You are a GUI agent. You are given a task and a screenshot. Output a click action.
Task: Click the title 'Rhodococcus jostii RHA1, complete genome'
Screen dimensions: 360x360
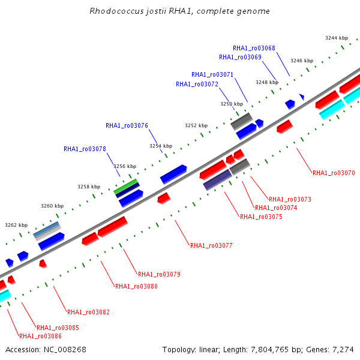pyautogui.click(x=179, y=11)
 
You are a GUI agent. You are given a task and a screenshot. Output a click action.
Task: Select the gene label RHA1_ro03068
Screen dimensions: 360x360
pyautogui.click(x=254, y=48)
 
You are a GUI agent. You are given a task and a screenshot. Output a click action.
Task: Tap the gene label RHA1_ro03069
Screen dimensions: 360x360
pyautogui.click(x=240, y=57)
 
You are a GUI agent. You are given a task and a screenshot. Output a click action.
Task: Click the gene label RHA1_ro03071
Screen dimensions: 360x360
pyautogui.click(x=212, y=74)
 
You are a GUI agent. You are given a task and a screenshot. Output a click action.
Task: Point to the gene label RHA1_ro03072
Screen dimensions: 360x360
pyautogui.click(x=197, y=84)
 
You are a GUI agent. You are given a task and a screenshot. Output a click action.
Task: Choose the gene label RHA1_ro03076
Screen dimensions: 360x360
pyautogui.click(x=127, y=125)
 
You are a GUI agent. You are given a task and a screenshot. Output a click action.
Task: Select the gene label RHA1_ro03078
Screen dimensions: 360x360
pyautogui.click(x=85, y=149)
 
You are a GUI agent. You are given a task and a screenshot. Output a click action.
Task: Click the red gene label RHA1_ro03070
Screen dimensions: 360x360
pyautogui.click(x=334, y=173)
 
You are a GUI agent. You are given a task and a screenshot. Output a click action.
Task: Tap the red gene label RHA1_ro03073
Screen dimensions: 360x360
pyautogui.click(x=290, y=199)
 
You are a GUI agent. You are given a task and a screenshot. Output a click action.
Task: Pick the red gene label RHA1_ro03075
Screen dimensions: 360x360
pyautogui.click(x=261, y=217)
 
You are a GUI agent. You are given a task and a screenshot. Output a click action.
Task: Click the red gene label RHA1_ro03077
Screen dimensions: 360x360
pyautogui.click(x=211, y=245)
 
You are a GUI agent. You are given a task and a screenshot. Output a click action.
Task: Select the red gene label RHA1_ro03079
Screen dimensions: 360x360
pyautogui.click(x=159, y=274)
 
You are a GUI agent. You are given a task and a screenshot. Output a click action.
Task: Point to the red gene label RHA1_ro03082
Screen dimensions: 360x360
pyautogui.click(x=88, y=312)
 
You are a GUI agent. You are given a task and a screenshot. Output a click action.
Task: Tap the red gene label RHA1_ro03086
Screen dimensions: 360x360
pyautogui.click(x=40, y=337)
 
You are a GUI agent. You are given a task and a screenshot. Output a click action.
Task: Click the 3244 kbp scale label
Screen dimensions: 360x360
pyautogui.click(x=337, y=38)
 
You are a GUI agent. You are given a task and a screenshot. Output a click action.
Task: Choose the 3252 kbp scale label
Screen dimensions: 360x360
pyautogui.click(x=196, y=125)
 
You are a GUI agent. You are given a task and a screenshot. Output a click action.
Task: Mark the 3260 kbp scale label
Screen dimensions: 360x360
pyautogui.click(x=52, y=206)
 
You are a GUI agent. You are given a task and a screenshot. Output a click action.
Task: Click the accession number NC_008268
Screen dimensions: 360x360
pyautogui.click(x=65, y=350)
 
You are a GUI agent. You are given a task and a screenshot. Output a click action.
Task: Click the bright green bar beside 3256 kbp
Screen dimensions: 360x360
pyautogui.click(x=125, y=187)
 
